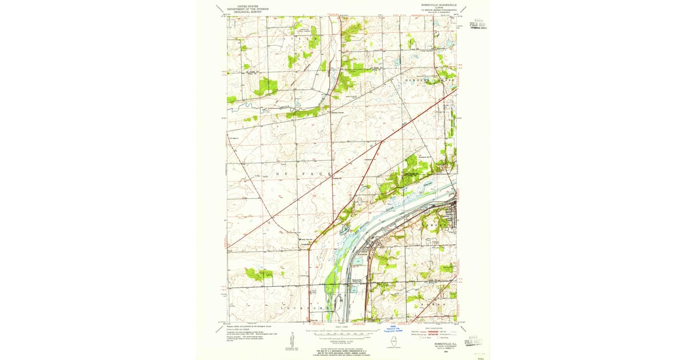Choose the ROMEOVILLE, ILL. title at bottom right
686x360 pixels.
point(437,344)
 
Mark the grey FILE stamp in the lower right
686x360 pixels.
point(476,341)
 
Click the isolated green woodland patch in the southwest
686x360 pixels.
point(258,274)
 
